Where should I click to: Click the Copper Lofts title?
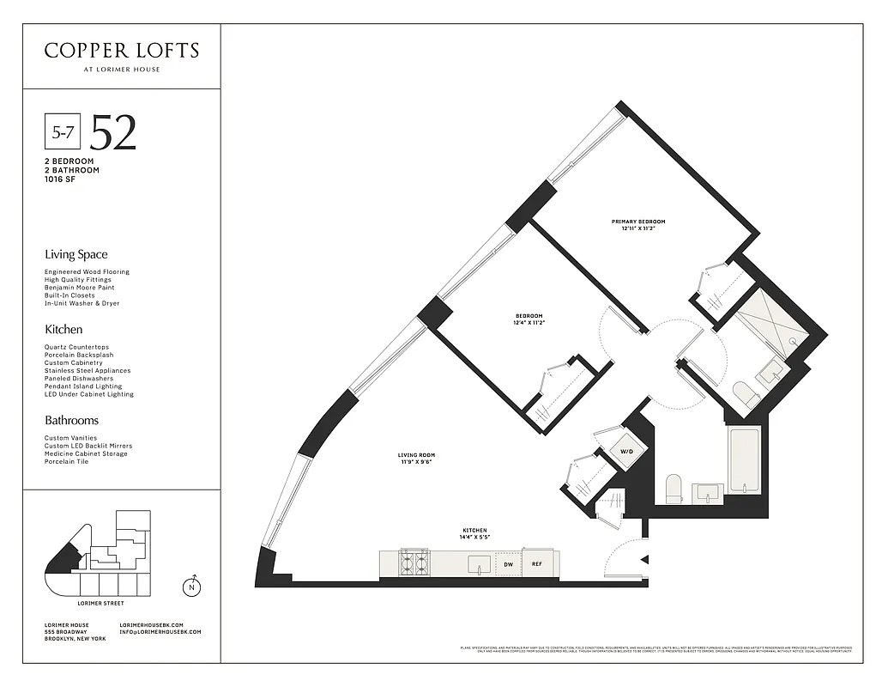tap(121, 51)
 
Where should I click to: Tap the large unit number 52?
tap(113, 132)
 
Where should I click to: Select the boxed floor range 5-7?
tap(62, 133)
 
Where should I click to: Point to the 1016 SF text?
tap(60, 179)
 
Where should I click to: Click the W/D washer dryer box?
tap(625, 451)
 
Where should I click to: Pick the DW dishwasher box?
tap(508, 564)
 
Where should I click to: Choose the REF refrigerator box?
tap(537, 564)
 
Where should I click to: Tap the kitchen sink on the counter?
tap(479, 564)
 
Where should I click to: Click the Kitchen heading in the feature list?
tap(63, 329)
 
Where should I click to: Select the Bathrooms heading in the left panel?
tap(71, 420)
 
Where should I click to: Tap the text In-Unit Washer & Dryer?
tap(82, 303)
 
